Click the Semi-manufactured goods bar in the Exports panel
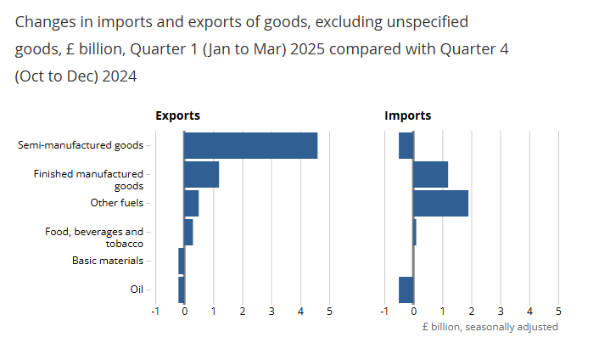(250, 145)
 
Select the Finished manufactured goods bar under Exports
(201, 174)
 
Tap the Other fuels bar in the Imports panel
(440, 203)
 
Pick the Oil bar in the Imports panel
(406, 290)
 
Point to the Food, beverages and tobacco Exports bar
(188, 232)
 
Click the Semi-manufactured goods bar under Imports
(406, 145)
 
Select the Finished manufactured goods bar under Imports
(430, 174)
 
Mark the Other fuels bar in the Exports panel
(191, 203)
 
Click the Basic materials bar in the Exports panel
(182, 261)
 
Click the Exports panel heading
(177, 115)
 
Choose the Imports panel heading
(407, 115)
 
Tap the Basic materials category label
(108, 261)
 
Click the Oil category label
(137, 290)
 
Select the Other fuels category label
(117, 203)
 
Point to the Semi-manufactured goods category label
(81, 145)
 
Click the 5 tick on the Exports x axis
(329, 312)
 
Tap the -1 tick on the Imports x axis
(384, 312)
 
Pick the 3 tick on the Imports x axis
(501, 312)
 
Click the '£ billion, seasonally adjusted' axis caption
(490, 327)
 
